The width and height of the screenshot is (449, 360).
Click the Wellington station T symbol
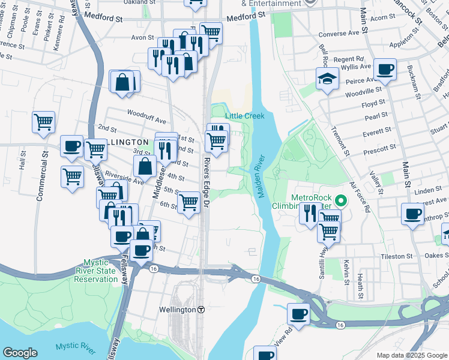point(202,310)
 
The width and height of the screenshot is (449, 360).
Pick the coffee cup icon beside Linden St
point(413,214)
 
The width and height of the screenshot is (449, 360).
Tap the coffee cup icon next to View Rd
point(298,313)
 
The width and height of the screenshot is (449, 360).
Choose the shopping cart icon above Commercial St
point(44,122)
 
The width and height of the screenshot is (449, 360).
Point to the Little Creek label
point(244,115)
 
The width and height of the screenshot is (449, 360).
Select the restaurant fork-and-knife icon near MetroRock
point(310,213)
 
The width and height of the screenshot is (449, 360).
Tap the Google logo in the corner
point(20,353)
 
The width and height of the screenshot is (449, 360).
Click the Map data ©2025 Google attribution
point(411,355)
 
